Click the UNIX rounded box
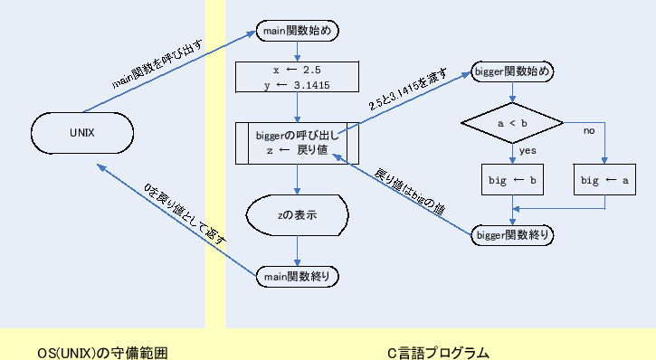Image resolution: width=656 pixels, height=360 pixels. click(83, 133)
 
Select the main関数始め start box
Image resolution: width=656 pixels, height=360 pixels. click(299, 31)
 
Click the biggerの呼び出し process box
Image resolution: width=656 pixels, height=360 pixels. click(298, 143)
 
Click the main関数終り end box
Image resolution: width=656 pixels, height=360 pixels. click(298, 273)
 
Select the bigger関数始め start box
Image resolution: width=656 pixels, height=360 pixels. click(513, 71)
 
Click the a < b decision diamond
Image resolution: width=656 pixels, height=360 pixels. click(513, 120)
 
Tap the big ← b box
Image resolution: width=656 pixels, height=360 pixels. click(513, 181)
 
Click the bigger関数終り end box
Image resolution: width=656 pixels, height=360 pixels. click(514, 235)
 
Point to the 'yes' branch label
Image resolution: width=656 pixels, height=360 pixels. click(528, 150)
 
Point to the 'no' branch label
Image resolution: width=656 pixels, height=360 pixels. click(588, 131)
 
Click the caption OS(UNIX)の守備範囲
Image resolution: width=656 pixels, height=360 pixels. click(103, 352)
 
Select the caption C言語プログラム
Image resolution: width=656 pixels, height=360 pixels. click(438, 352)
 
